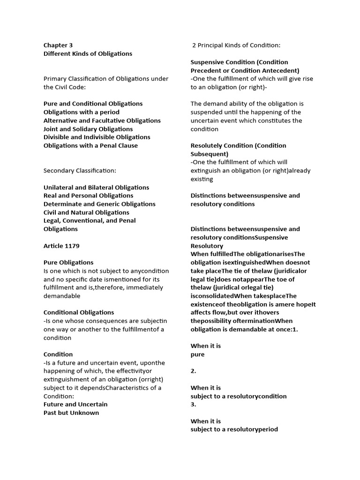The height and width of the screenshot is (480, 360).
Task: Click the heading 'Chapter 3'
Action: click(58, 45)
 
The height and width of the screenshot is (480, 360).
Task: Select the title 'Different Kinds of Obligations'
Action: click(88, 54)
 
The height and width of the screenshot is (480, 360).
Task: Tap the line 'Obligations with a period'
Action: click(82, 112)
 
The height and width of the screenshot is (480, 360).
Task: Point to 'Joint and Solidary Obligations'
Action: click(88, 129)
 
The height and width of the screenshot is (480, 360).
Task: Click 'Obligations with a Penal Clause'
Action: click(90, 145)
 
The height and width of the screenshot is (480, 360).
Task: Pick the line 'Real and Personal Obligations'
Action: click(88, 195)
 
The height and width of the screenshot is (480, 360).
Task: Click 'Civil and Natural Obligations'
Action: click(86, 212)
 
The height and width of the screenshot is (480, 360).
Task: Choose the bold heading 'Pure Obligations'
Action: click(68, 262)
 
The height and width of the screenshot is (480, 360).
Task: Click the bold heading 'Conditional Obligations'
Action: click(79, 312)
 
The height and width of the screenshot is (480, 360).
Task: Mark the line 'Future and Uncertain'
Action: click(75, 404)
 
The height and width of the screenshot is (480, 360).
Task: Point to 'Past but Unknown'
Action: click(71, 412)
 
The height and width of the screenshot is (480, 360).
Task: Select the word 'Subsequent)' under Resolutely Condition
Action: click(210, 154)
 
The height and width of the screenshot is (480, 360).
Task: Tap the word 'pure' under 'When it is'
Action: click(197, 354)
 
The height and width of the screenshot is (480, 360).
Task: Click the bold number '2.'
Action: click(194, 371)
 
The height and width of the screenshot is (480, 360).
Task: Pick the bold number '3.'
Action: click(194, 404)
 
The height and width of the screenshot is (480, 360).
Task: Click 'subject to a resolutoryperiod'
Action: click(234, 429)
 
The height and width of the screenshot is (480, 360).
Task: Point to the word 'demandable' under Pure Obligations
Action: click(62, 296)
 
